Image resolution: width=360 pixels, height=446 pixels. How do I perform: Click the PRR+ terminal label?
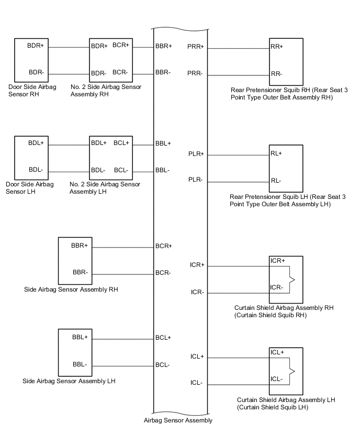click(x=195, y=47)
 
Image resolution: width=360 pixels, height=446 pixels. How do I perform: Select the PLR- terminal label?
click(x=196, y=180)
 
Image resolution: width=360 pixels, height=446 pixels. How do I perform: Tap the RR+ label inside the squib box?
click(x=277, y=47)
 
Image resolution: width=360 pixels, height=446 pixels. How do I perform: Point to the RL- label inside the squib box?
click(x=276, y=181)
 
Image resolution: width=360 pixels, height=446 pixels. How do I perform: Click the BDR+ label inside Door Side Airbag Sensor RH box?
click(x=36, y=46)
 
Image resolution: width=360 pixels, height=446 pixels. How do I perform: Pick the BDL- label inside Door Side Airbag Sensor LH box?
click(x=35, y=170)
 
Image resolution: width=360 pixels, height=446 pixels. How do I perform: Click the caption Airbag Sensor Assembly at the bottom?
click(x=178, y=420)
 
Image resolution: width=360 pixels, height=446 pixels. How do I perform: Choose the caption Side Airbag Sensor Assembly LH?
click(x=69, y=381)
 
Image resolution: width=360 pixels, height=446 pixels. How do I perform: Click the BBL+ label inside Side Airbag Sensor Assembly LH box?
click(x=80, y=337)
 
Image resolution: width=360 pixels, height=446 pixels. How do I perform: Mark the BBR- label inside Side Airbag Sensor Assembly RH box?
click(x=80, y=272)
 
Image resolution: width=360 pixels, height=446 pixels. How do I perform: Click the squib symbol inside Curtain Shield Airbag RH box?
click(x=291, y=280)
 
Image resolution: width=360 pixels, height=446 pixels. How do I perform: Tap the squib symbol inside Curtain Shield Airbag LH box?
click(x=291, y=371)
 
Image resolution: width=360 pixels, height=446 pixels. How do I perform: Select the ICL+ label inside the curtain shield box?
click(x=277, y=352)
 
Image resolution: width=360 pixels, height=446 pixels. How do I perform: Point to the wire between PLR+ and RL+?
click(x=238, y=155)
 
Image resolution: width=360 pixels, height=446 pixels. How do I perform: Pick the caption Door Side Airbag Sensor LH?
click(x=29, y=188)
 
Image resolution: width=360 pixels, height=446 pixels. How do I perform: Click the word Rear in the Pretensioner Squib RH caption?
click(x=239, y=90)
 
